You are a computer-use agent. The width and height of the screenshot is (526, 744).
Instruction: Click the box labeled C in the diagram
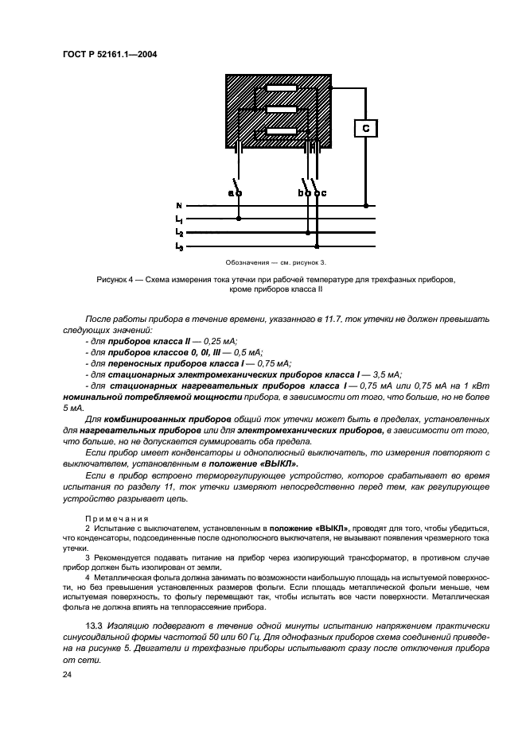(365, 129)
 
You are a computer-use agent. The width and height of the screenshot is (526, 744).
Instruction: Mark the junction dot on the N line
(366, 205)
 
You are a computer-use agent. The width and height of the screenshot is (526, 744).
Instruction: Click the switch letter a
(231, 193)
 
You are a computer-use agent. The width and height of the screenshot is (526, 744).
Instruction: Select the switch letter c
(324, 193)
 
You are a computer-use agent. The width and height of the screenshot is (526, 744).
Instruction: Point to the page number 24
(67, 674)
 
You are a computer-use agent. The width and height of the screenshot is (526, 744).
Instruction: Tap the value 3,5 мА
(384, 373)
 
